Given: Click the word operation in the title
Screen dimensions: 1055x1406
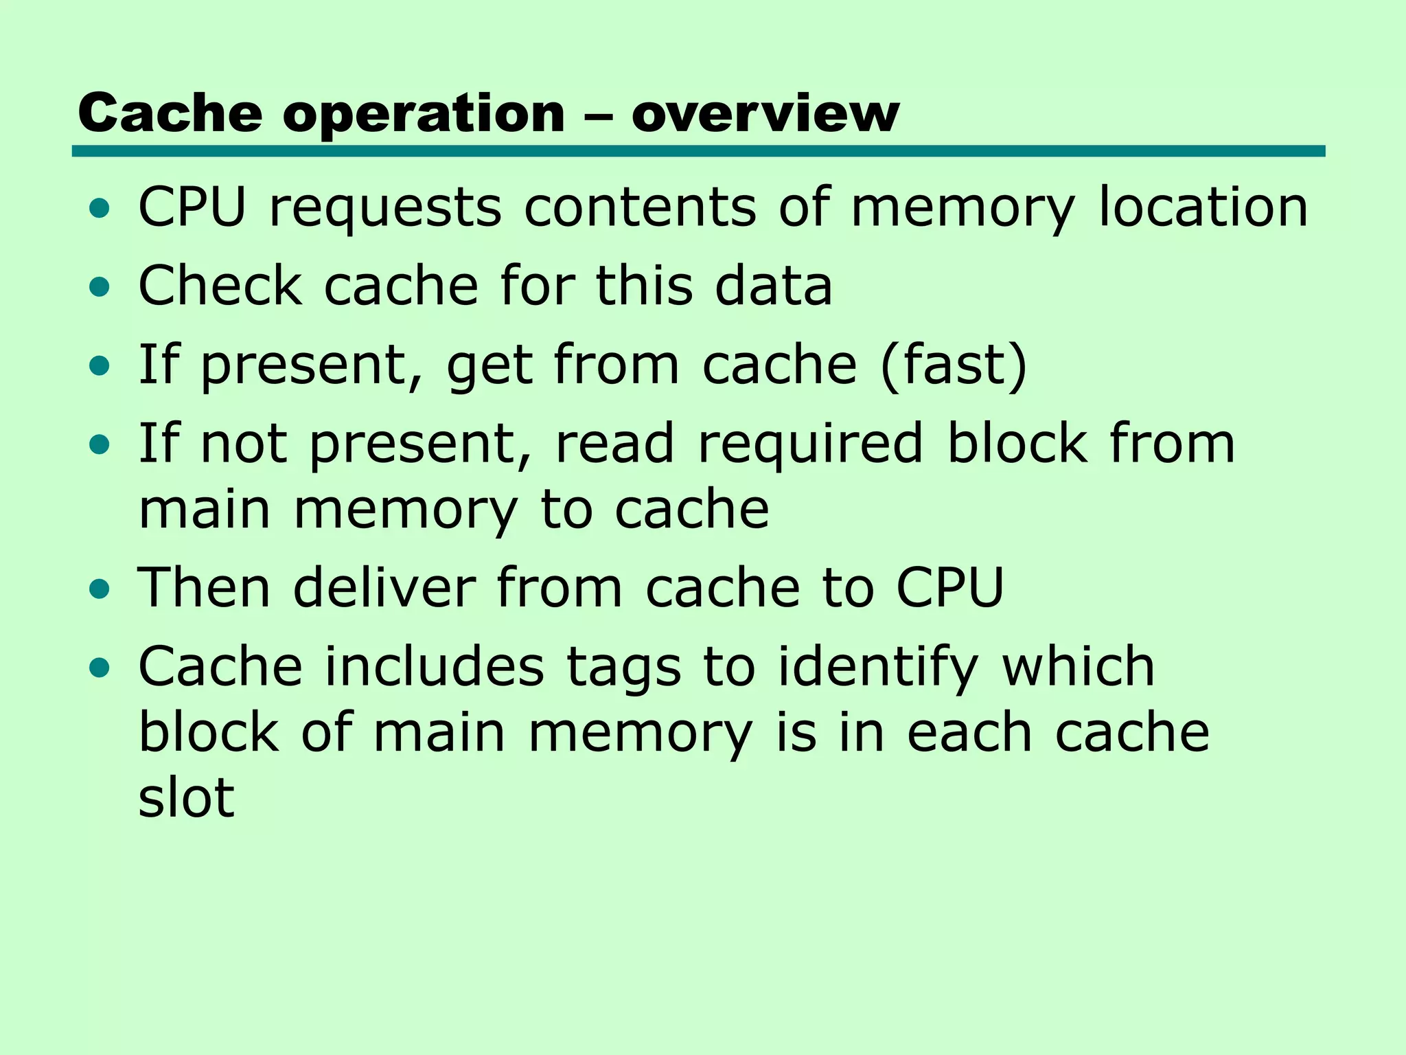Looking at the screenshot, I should point(424,114).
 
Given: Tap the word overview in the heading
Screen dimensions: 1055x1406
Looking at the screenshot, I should point(765,114).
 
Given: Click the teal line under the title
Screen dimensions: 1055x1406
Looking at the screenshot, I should point(698,151).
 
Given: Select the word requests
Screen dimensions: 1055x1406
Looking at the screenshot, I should point(385,207).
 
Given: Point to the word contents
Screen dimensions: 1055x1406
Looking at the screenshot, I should point(640,207).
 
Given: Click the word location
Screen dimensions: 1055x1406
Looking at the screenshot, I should point(1203,207).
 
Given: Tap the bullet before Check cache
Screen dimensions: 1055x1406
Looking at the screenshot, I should point(100,287).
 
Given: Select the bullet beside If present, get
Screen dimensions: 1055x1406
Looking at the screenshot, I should point(100,366).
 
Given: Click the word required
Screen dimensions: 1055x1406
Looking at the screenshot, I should point(810,444).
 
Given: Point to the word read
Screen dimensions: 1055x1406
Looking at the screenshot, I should point(614,444).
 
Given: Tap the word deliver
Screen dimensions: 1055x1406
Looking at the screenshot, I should point(384,588).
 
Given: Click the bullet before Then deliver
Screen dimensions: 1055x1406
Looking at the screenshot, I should point(100,589).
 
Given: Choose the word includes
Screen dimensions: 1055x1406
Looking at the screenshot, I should point(434,667).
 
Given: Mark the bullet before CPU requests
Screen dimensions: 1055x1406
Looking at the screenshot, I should point(100,208).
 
